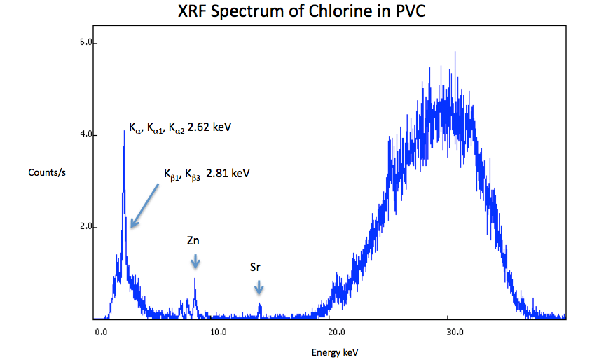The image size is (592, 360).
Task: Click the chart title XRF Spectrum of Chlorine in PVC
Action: pos(296,12)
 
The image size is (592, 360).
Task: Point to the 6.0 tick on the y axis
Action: pos(88,43)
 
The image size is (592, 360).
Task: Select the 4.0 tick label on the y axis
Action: pos(88,134)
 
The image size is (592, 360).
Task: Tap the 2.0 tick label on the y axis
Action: pos(88,227)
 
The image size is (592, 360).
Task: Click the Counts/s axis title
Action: pos(44,172)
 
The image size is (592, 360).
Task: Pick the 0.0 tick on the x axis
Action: pos(101,331)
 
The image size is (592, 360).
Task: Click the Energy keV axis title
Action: pos(335,352)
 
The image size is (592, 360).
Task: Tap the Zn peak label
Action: pos(194,241)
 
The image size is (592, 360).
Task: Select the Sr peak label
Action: pos(257,267)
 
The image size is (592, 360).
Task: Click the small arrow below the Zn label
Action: pos(195,261)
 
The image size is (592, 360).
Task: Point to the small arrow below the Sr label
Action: pos(259,286)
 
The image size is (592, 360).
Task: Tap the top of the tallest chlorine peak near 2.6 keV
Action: pos(124,131)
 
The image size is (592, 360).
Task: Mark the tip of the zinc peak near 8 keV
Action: pos(195,279)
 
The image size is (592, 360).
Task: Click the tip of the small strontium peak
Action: pos(260,303)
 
